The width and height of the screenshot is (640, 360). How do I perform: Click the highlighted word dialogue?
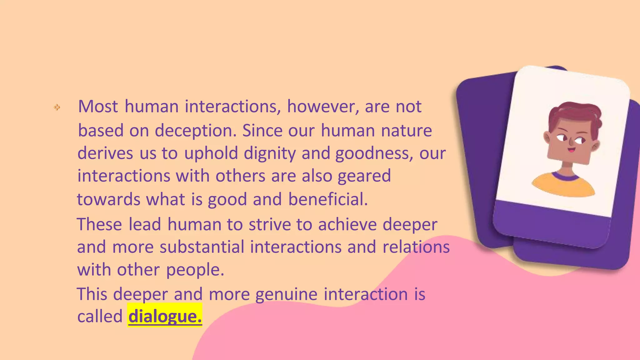click(x=165, y=316)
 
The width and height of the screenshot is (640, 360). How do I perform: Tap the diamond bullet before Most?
click(x=57, y=107)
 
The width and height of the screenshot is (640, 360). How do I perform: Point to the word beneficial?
click(x=328, y=199)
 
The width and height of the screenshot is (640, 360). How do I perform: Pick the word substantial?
click(x=202, y=247)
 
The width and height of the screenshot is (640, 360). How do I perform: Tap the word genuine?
click(x=286, y=294)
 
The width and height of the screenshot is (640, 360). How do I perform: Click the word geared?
click(x=364, y=176)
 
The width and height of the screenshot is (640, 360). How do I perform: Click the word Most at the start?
click(x=98, y=106)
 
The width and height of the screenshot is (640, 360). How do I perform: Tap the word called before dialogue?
click(x=100, y=316)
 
